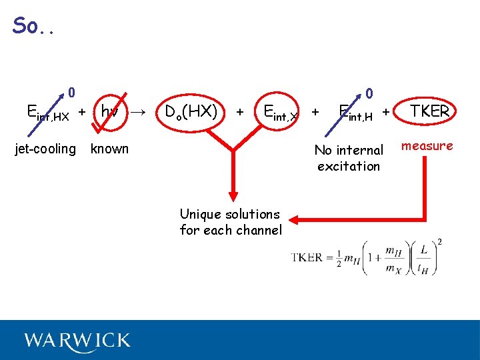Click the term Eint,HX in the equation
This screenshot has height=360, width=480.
47,113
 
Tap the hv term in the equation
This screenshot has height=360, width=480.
109,111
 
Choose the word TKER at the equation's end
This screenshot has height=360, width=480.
429,111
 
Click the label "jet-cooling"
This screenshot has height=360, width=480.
45,149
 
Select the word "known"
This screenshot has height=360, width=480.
109,149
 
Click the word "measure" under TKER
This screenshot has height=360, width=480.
427,146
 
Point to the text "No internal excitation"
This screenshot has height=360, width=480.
349,158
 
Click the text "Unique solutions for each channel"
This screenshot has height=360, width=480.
230,222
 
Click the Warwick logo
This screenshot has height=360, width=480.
77,341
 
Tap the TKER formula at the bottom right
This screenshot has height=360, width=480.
367,257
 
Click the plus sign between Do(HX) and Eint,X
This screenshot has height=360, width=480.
240,111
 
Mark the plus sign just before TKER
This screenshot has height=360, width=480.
386,111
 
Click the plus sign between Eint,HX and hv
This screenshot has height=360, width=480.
81,111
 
